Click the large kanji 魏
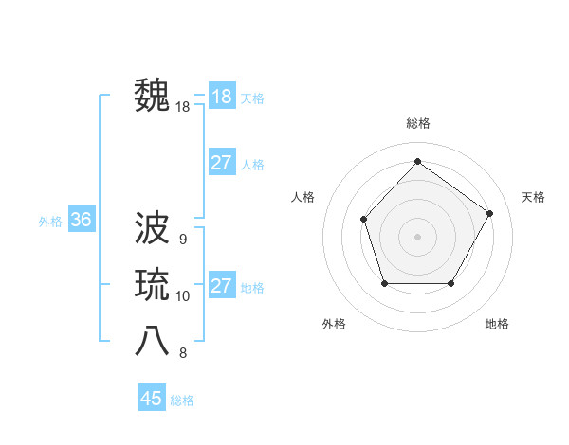pos(153,97)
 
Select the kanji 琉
pos(153,285)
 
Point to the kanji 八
pos(153,342)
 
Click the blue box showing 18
pos(221,97)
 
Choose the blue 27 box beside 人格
pos(221,163)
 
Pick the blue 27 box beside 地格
pos(221,286)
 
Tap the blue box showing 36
pos(81,221)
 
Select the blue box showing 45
pos(152,399)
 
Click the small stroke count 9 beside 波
pos(182,239)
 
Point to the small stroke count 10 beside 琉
pos(182,296)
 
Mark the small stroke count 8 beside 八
pos(182,353)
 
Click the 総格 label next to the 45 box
pos(182,400)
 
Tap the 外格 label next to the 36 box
pos(50,222)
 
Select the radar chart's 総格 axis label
pos(417,123)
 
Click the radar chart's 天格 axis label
pos(533,197)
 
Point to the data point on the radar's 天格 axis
pos(489,213)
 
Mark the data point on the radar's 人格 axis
pos(364,220)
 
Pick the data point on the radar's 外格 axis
pos(384,283)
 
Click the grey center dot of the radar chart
pos(417,236)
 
